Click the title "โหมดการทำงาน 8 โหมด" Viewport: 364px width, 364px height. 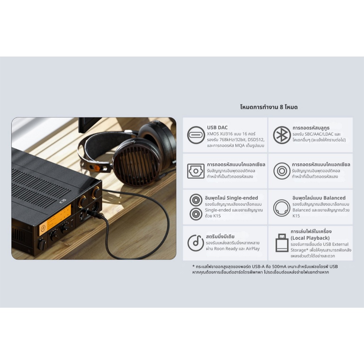269,107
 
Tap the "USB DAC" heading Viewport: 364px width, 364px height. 217,128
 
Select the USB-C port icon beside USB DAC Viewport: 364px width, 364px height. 196,135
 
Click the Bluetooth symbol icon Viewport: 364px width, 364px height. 282,135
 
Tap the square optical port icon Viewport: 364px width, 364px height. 196,171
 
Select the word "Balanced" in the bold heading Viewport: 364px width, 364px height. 334,198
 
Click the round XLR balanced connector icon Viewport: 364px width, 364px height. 282,208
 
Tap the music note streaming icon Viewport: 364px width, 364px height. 196,243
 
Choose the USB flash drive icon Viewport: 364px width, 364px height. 282,243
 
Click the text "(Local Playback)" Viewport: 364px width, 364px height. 310,238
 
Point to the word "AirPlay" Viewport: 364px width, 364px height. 253,248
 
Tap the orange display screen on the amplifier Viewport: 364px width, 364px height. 55,220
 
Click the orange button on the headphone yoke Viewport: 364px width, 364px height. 97,168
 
